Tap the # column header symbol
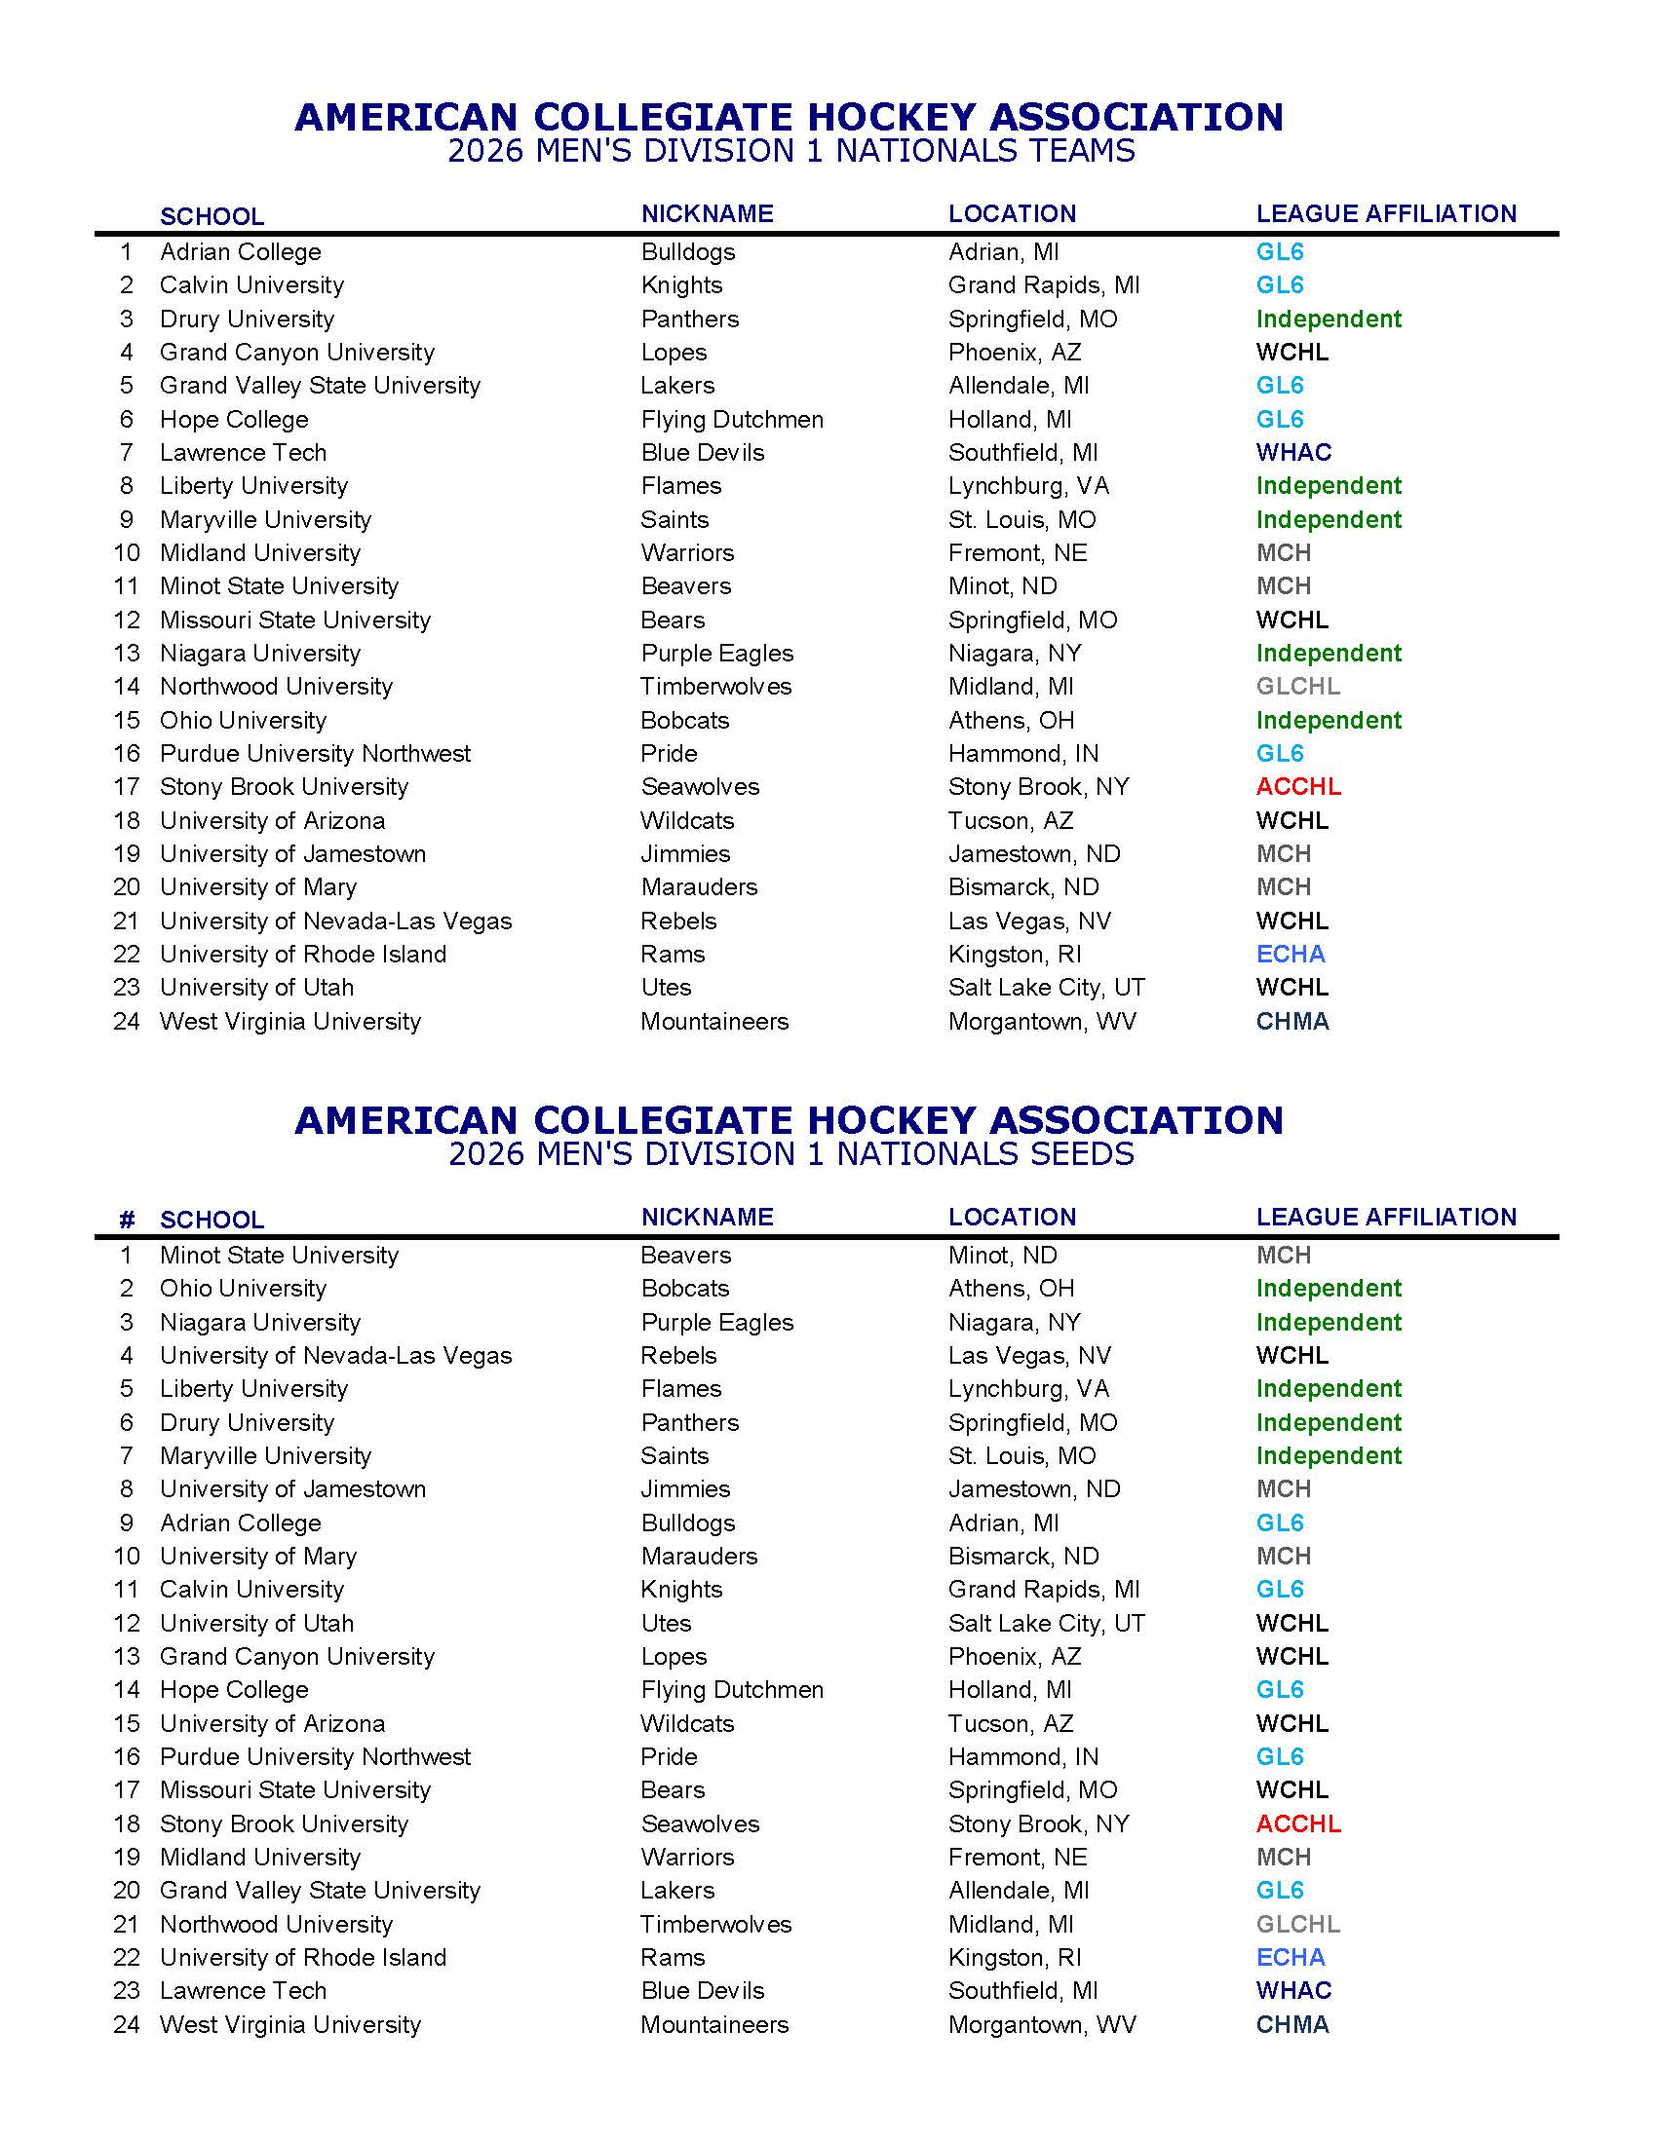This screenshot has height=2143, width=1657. pos(127,1220)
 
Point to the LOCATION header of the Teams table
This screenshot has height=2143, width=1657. pos(1012,214)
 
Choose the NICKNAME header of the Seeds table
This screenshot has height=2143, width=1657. pos(707,1217)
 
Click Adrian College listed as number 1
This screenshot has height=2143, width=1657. pos(241,252)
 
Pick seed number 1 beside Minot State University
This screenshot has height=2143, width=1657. pos(126,1255)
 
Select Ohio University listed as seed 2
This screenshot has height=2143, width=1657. pos(244,1289)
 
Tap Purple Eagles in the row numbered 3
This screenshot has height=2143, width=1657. pos(716,1322)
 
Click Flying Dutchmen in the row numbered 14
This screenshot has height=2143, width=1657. pos(731,1690)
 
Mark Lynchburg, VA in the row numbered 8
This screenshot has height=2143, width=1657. pos(1028,486)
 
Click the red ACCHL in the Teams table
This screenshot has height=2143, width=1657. pos(1297,787)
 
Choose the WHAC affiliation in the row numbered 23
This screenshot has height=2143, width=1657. pos(1293,1990)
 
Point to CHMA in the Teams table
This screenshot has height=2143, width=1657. pos(1291,1022)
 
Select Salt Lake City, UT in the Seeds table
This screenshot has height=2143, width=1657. pos(1047,1623)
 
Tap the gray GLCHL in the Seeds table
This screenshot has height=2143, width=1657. pos(1297,1924)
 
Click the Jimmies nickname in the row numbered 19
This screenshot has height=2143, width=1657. pos(685,853)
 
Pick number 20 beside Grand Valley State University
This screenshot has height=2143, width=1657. pos(127,1890)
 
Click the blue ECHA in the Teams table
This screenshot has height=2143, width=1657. pos(1290,954)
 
